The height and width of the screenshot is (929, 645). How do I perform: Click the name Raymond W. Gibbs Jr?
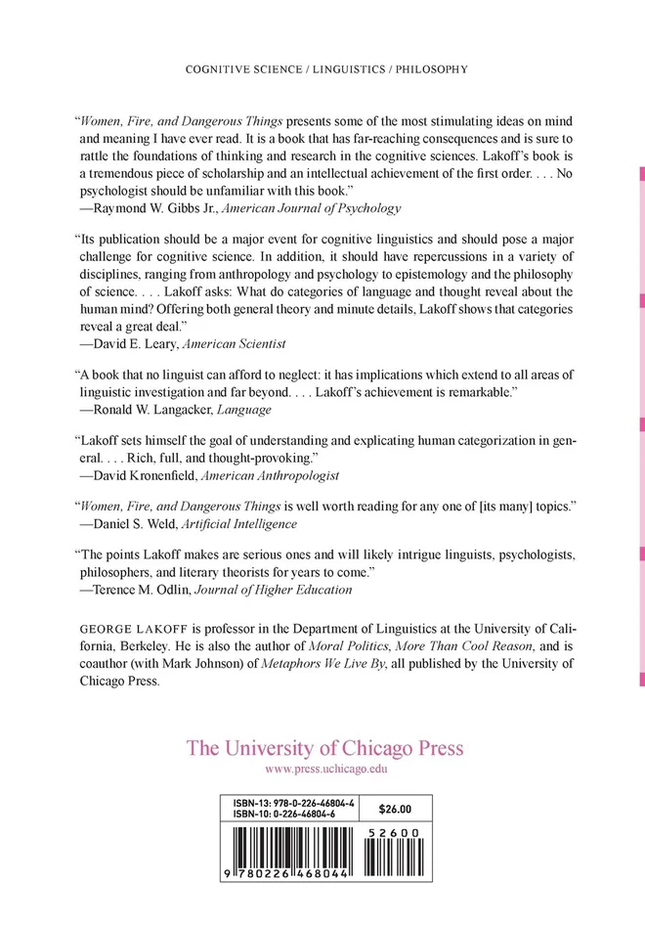click(x=151, y=208)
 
